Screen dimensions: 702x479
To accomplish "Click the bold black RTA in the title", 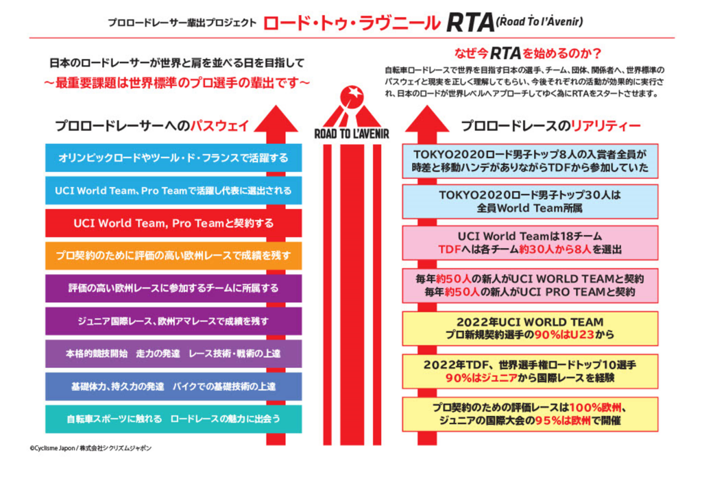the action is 470,23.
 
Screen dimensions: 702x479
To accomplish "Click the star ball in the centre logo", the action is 352,96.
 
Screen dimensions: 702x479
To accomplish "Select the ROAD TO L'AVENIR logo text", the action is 352,134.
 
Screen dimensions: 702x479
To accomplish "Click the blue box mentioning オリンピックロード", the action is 173,158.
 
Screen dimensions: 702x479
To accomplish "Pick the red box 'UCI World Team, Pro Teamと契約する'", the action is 173,223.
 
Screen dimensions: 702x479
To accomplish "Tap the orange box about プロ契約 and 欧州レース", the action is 173,256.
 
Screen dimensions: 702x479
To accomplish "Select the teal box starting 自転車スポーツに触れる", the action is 173,419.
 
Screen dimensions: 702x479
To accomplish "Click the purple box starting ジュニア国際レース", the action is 173,321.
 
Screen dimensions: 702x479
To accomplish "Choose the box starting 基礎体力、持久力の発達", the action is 173,386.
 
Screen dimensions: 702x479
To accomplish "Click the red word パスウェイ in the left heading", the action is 219,126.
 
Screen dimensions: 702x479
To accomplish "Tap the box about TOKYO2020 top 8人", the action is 530,161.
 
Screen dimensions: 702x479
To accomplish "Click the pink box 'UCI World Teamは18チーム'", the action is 530,243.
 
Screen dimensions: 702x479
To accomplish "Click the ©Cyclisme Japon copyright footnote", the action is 90,447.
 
